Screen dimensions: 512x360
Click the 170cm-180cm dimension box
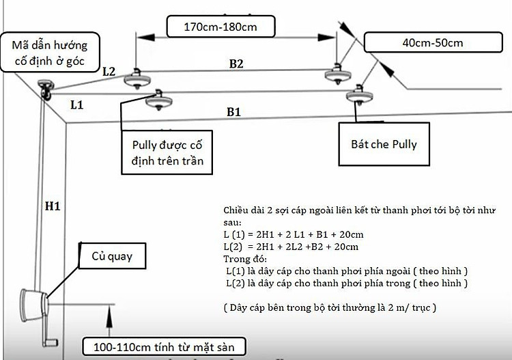pos(221,27)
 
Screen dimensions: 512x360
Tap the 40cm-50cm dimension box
pos(433,42)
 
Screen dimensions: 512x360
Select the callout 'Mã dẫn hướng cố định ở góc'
pos(50,53)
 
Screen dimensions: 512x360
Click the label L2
pos(109,72)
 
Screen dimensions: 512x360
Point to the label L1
pos(76,105)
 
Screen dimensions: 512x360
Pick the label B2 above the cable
pos(236,64)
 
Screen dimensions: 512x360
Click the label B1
pos(233,112)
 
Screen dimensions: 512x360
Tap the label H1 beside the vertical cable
pos(53,206)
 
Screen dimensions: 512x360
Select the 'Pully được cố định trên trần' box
pos(167,152)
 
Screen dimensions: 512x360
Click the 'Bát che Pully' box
pos(384,144)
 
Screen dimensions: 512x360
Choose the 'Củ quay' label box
pos(113,256)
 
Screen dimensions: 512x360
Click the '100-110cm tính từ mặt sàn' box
pos(164,346)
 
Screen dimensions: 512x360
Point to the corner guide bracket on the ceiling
pos(45,89)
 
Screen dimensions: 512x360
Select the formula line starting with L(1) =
pos(294,234)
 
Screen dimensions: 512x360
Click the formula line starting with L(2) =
pos(291,247)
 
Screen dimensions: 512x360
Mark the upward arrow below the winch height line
pos(109,320)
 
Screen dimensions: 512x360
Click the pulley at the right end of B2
pos(338,74)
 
